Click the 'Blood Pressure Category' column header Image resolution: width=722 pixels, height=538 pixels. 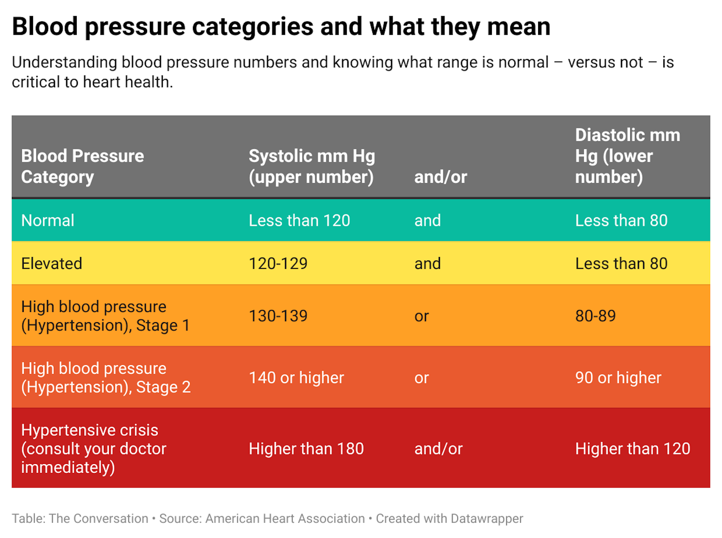point(82,166)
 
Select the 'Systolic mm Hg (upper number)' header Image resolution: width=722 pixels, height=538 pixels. point(312,166)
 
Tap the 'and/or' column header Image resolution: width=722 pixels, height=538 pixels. point(440,177)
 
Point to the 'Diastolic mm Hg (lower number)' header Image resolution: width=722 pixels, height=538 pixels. point(627,156)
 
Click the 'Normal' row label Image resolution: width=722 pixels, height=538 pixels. point(48,220)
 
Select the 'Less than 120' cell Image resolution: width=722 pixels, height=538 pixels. point(299,220)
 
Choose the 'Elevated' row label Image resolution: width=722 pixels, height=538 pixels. point(52,263)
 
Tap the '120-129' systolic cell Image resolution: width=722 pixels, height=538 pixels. point(278,263)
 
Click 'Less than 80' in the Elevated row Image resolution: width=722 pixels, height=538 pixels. point(621,263)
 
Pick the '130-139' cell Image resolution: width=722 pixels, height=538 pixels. point(278,316)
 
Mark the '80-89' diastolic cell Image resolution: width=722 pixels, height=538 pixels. point(595,316)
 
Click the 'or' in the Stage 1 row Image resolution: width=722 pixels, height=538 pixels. point(421,316)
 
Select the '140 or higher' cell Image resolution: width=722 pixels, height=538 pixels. point(296,377)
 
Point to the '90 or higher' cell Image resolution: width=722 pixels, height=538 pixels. point(618,377)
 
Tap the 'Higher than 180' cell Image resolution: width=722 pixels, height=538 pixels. point(306,449)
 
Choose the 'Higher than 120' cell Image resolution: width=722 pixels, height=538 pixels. point(633,449)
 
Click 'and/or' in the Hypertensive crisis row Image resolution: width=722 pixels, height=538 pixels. point(438,449)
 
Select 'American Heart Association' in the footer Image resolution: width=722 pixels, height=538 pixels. point(285,518)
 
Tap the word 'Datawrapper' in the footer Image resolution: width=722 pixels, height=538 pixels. point(487,518)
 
